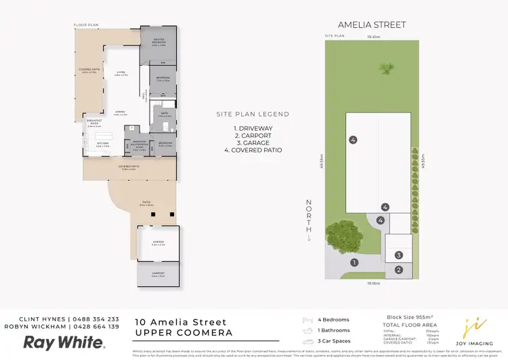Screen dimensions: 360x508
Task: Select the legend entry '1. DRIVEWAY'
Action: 253,127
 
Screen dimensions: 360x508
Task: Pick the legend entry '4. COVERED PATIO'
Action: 257,150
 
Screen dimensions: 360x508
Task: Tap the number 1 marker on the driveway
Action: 354,262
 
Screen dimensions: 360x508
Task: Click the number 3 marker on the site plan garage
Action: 399,255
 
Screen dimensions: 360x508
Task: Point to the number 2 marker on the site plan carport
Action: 399,270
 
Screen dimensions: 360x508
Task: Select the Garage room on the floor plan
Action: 158,243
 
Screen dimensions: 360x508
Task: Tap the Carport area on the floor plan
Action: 158,275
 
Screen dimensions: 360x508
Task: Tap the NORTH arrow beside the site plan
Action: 309,220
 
